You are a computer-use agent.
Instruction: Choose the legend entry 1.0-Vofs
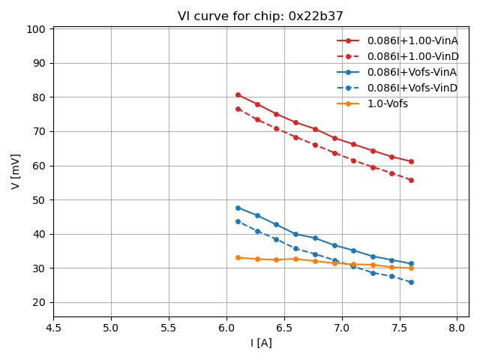point(387,103)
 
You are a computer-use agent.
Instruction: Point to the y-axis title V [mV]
point(16,171)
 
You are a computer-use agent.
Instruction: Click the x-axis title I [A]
point(261,343)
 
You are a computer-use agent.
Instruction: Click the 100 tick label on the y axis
point(38,29)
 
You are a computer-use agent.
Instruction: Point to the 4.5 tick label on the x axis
point(53,328)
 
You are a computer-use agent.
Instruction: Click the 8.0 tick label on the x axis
point(457,328)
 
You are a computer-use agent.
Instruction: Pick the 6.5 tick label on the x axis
point(284,328)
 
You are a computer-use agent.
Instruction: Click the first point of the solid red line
point(238,94)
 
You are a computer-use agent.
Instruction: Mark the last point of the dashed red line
point(411,180)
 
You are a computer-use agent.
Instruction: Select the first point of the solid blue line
point(238,208)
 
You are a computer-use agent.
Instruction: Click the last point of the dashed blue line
point(411,282)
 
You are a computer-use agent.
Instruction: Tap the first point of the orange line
point(238,257)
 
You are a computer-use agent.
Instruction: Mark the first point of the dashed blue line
point(238,221)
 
